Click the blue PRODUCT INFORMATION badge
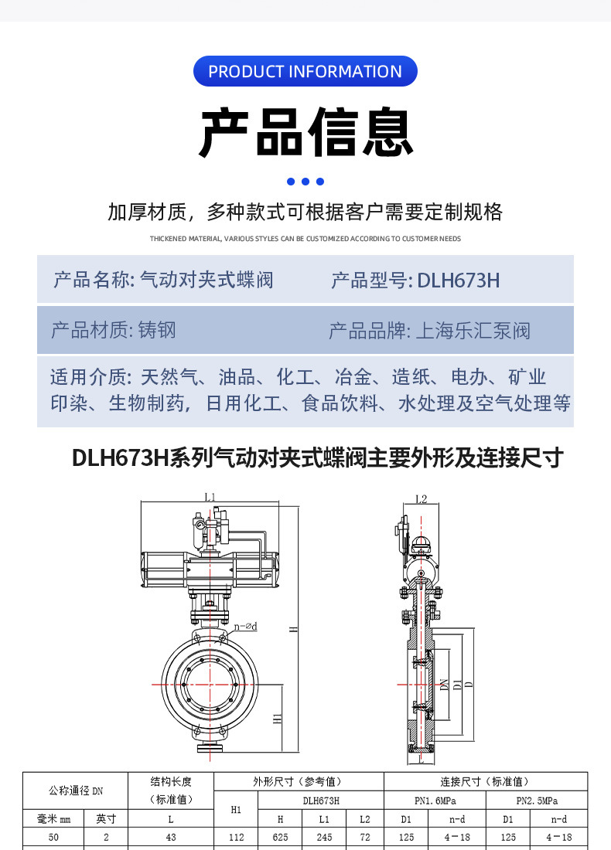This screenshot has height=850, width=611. pos(305,71)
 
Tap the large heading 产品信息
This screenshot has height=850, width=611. pos(305,133)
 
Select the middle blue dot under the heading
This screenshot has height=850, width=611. pos(305,182)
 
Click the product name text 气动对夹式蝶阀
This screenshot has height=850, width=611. pos(207,280)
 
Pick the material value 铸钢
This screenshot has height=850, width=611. pos(157,331)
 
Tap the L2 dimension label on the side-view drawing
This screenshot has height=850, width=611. pos(421,499)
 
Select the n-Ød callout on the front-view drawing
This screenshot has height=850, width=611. pos(245,626)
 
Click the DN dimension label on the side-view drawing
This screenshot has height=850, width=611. pos(444,685)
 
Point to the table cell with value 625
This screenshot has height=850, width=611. pos(285,837)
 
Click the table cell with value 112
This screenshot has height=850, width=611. pos(237,837)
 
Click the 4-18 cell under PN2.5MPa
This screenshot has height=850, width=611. pos(558,837)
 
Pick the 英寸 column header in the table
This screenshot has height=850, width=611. pos(106,819)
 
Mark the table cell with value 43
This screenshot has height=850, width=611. pos(170,837)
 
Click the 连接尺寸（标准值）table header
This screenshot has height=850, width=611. pos(485,781)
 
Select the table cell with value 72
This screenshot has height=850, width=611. pos(365,837)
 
